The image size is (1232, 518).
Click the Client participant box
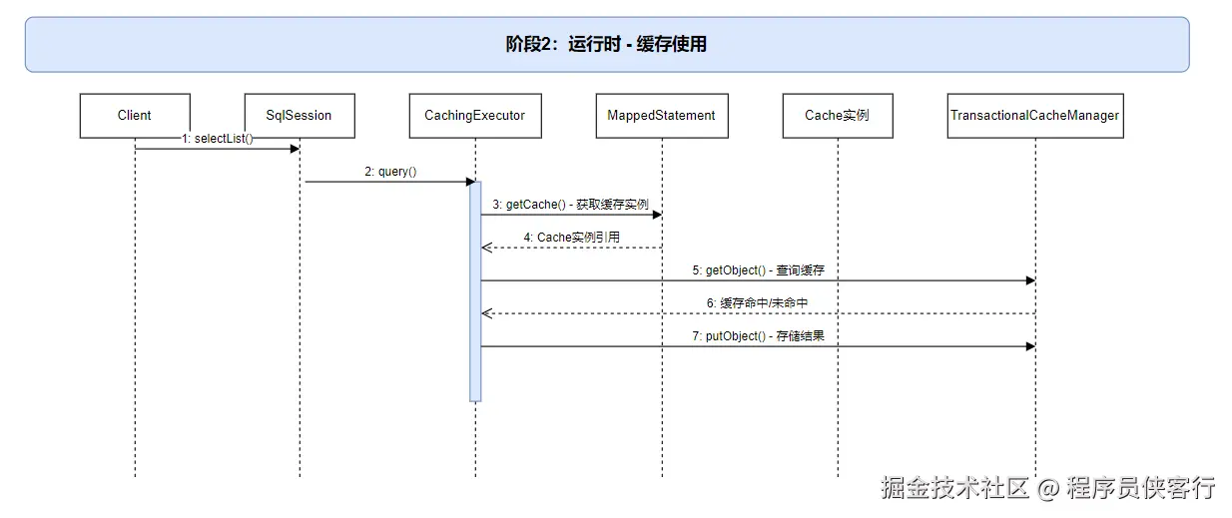point(134,116)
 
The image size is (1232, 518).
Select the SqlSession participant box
point(300,116)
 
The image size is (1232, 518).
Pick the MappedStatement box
point(661,116)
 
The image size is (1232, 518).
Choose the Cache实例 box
point(837,116)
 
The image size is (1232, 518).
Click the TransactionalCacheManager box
point(1034,116)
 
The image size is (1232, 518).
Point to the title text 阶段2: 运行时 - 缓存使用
point(606,44)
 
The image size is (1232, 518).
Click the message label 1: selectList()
point(218,139)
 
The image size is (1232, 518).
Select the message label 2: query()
point(390,172)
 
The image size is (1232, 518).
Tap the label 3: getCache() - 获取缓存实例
point(570,205)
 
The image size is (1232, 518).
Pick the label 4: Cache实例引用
point(571,238)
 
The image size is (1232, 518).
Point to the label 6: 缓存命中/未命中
point(757,302)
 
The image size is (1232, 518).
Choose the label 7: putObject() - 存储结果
point(758,336)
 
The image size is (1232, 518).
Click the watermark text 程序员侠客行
point(1140,488)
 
